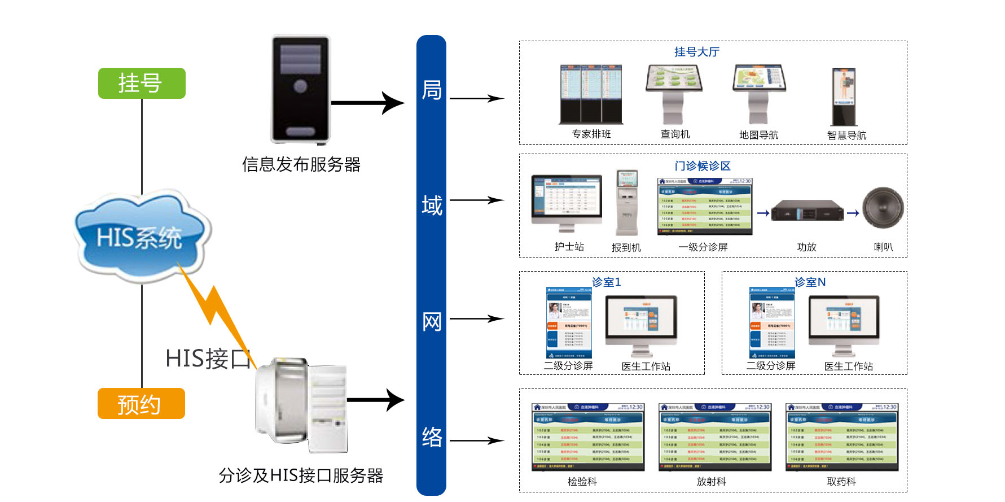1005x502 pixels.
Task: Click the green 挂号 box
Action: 142,83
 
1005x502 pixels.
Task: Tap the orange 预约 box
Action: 141,403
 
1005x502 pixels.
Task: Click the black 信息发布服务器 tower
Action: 300,89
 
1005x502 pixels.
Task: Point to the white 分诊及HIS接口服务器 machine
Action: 301,405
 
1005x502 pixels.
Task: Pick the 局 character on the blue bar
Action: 432,90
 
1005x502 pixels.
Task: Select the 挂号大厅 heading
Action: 697,52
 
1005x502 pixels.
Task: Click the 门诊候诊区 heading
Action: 703,166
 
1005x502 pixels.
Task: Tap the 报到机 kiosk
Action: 627,203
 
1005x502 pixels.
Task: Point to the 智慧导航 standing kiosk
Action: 844,97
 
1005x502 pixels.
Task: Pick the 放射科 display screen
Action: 714,437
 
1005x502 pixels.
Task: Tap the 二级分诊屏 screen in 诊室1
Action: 569,322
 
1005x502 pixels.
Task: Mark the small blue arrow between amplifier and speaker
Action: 853,213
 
